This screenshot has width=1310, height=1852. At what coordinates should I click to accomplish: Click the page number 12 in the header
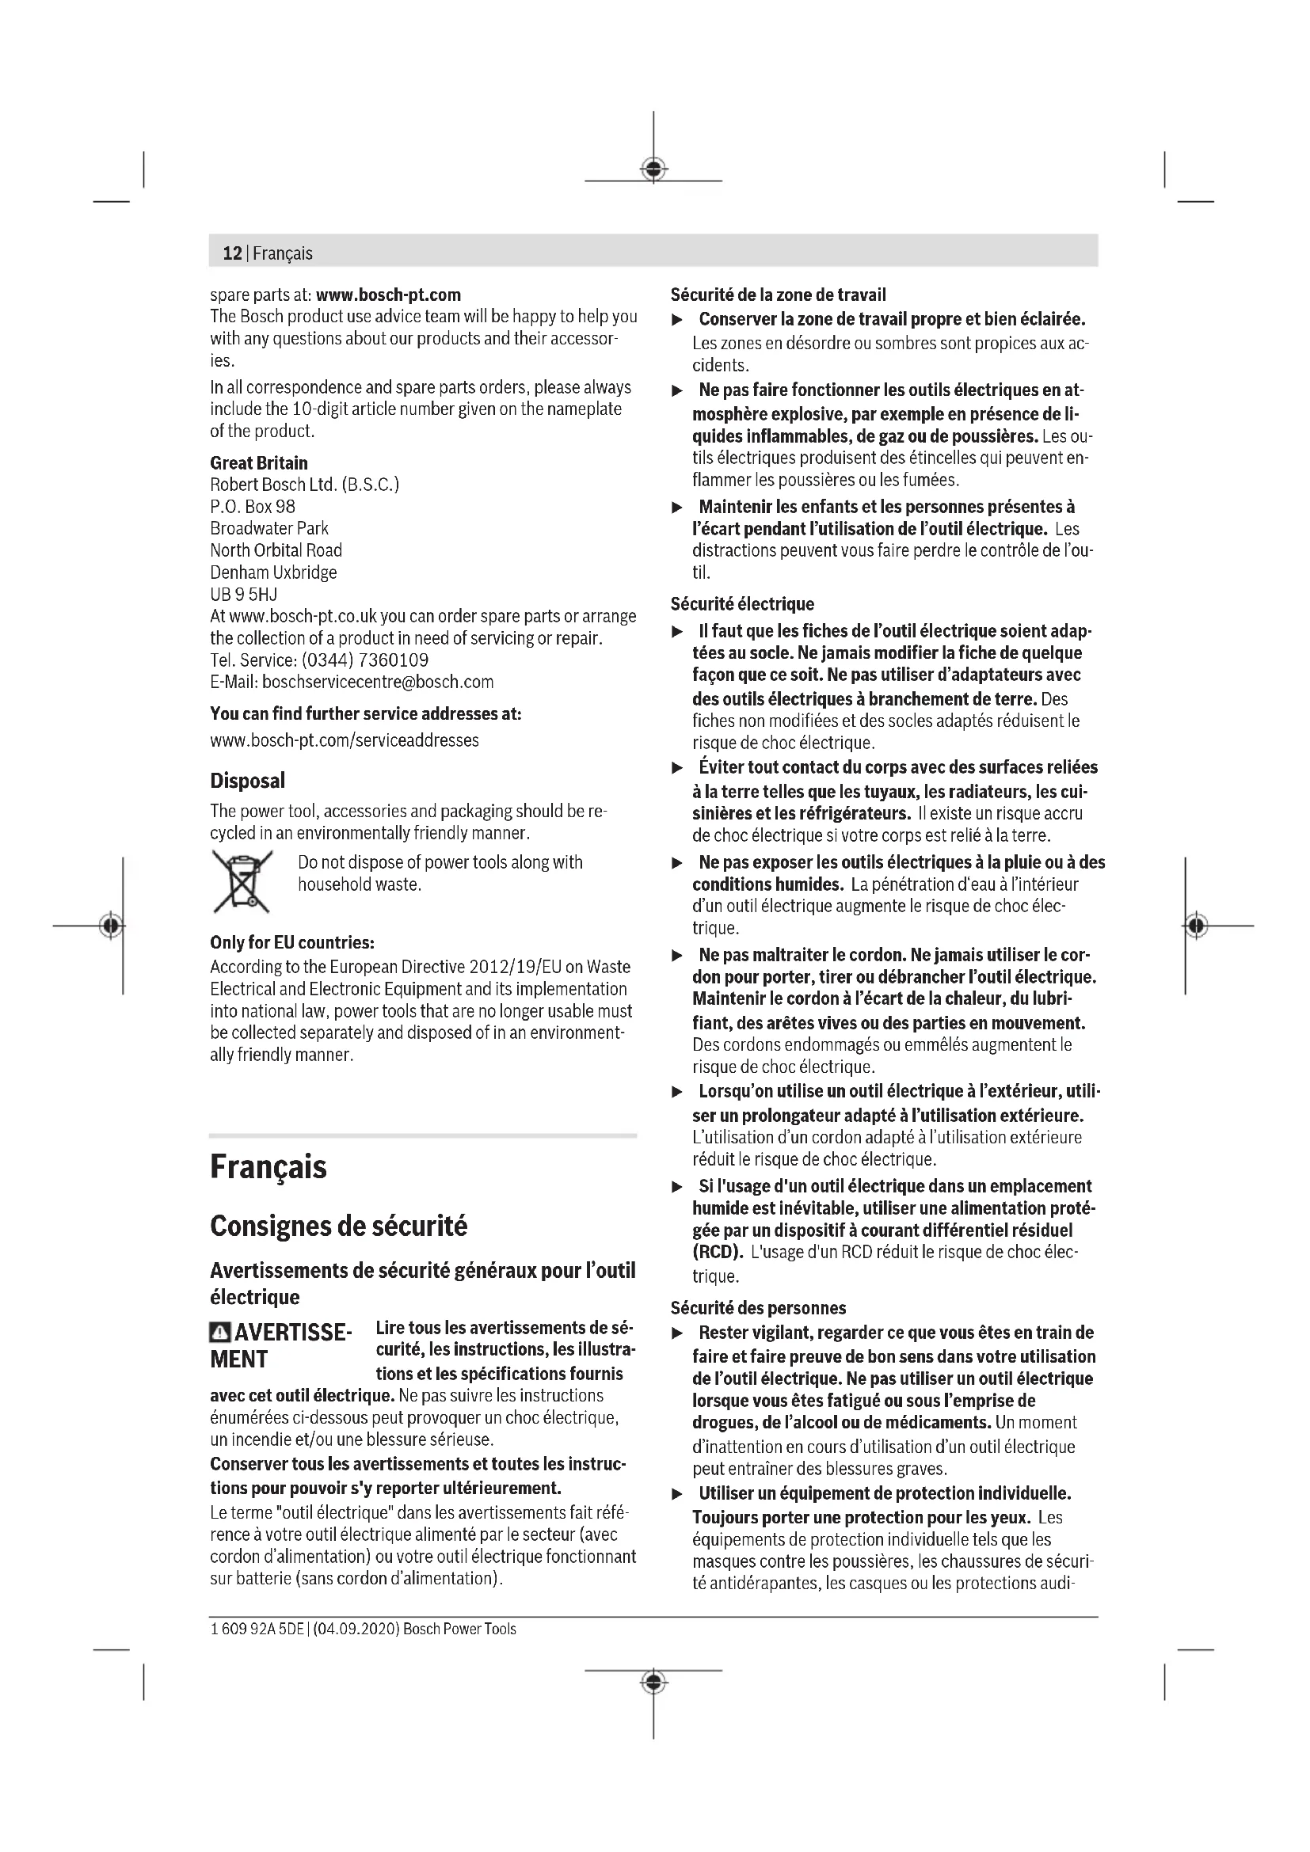232,253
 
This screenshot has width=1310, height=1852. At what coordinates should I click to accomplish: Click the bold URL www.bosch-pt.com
388,295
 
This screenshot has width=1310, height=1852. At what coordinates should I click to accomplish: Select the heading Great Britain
259,463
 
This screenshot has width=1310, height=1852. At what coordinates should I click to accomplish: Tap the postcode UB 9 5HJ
244,595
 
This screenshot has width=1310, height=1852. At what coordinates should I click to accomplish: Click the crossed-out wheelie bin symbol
242,880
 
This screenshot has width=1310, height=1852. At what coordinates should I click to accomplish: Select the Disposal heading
248,781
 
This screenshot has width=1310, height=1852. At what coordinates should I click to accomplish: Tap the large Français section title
268,1167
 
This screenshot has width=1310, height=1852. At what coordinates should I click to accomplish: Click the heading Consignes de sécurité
339,1226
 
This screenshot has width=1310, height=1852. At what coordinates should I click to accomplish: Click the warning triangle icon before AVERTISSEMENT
219,1332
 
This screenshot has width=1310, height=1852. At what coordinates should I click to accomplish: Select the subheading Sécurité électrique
742,604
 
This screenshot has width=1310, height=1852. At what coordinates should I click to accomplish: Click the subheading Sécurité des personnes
758,1308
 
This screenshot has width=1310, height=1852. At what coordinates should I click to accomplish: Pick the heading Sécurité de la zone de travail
778,295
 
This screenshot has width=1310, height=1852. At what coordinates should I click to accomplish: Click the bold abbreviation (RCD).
717,1253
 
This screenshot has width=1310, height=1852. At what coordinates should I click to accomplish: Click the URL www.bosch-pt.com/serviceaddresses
345,740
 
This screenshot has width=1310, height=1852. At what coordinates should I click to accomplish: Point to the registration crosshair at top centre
653,169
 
